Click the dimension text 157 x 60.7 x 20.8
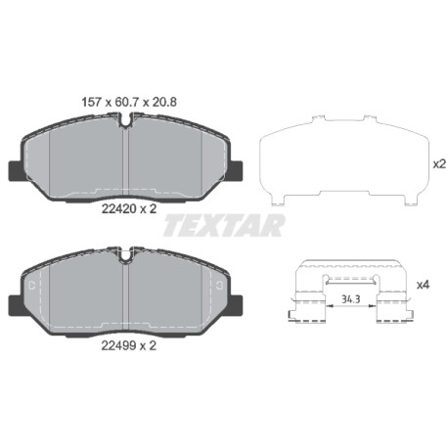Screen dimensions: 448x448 point(129,103)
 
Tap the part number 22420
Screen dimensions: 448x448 point(118,209)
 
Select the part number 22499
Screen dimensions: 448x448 point(118,345)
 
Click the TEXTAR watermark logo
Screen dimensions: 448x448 point(224,225)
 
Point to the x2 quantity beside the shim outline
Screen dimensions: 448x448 point(439,164)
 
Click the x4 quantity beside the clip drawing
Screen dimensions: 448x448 point(424,285)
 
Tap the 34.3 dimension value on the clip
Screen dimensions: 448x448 point(351,298)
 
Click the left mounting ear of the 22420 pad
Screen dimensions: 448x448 point(16,170)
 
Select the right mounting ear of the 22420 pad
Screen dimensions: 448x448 point(236,170)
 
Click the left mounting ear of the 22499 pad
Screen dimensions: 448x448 point(16,305)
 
